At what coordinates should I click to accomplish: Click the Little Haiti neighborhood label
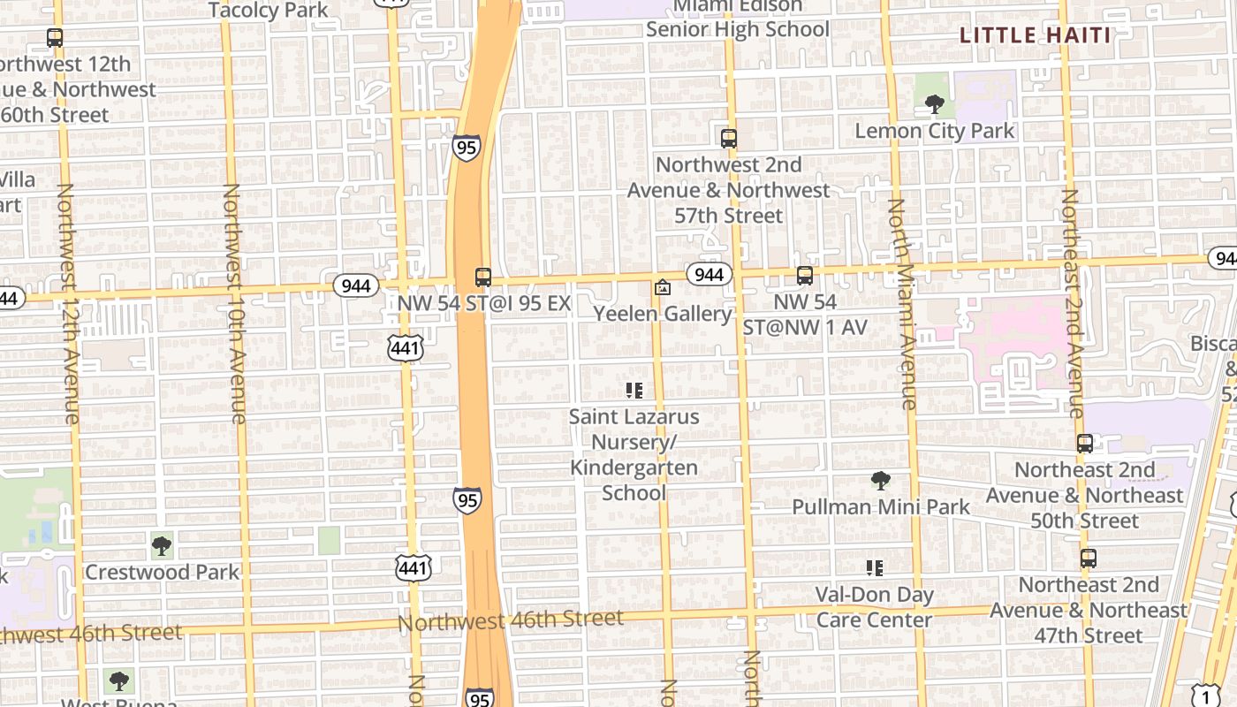click(x=1035, y=35)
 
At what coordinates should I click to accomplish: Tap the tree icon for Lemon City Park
click(x=934, y=104)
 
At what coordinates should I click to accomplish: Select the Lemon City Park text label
click(x=935, y=131)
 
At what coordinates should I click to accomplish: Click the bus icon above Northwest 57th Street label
click(x=729, y=138)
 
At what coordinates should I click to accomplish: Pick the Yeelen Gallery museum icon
click(x=662, y=287)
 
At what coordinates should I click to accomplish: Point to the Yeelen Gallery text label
click(x=663, y=314)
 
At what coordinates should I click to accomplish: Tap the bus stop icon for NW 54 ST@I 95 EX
click(x=482, y=277)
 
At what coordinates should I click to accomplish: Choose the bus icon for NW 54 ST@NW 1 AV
click(x=805, y=276)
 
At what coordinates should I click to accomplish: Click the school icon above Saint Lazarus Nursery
click(x=634, y=390)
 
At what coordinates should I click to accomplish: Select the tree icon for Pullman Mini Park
click(x=880, y=481)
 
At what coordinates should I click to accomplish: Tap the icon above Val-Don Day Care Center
click(x=874, y=568)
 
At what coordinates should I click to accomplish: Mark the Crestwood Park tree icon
click(x=162, y=546)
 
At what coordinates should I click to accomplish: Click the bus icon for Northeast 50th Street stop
click(x=1085, y=444)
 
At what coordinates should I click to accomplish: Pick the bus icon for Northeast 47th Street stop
click(x=1089, y=559)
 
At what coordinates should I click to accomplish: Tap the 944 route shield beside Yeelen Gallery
click(x=710, y=274)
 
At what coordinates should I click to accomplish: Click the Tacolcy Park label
click(x=269, y=10)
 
